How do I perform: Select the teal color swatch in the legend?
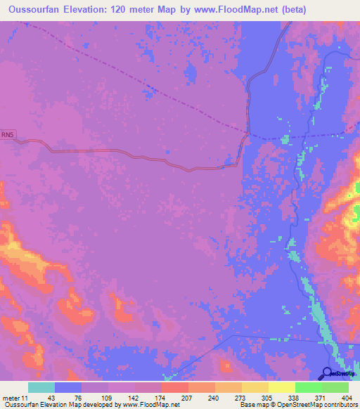point(41,387)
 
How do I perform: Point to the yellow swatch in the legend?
point(255,387)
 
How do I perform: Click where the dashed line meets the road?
point(248,131)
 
